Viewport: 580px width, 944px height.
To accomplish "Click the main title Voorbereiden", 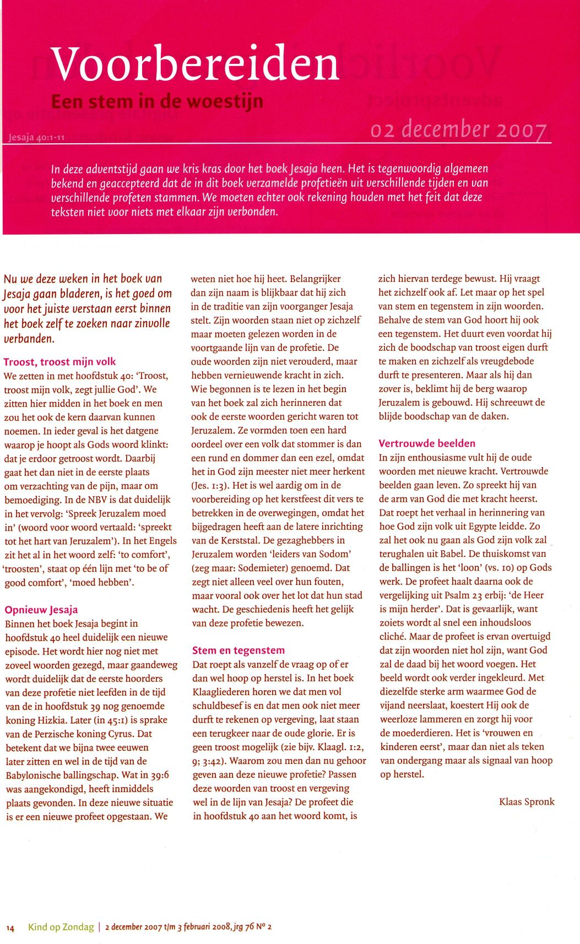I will (194, 64).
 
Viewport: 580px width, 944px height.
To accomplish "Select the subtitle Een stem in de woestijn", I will (157, 102).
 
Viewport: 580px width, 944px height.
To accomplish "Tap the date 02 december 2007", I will (459, 129).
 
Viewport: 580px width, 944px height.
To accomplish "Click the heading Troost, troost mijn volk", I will (59, 362).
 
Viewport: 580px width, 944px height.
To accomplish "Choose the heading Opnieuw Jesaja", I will (41, 610).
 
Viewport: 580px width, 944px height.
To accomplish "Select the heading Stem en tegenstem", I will (238, 650).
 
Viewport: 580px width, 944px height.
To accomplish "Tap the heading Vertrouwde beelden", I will (427, 443).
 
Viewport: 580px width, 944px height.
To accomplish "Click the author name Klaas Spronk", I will (527, 801).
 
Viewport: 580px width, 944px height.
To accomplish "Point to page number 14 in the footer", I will (10, 927).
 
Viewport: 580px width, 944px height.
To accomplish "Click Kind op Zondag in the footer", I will (61, 927).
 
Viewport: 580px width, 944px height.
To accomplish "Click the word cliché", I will (393, 637).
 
